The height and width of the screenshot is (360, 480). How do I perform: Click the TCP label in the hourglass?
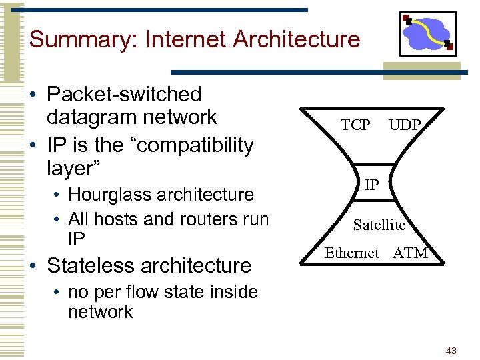pos(355,125)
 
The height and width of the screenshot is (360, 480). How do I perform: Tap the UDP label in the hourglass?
pos(405,125)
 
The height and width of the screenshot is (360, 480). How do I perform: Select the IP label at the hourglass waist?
pos(371,184)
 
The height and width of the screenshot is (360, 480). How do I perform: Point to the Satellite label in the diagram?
pos(379,225)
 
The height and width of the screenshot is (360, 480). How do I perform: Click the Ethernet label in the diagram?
pos(351,253)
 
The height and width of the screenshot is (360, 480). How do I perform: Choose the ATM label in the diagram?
pos(411,253)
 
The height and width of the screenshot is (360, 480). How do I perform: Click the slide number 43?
pos(451,351)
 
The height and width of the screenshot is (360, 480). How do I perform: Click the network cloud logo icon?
pos(428,33)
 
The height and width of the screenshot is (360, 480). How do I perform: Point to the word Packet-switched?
pos(124,95)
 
